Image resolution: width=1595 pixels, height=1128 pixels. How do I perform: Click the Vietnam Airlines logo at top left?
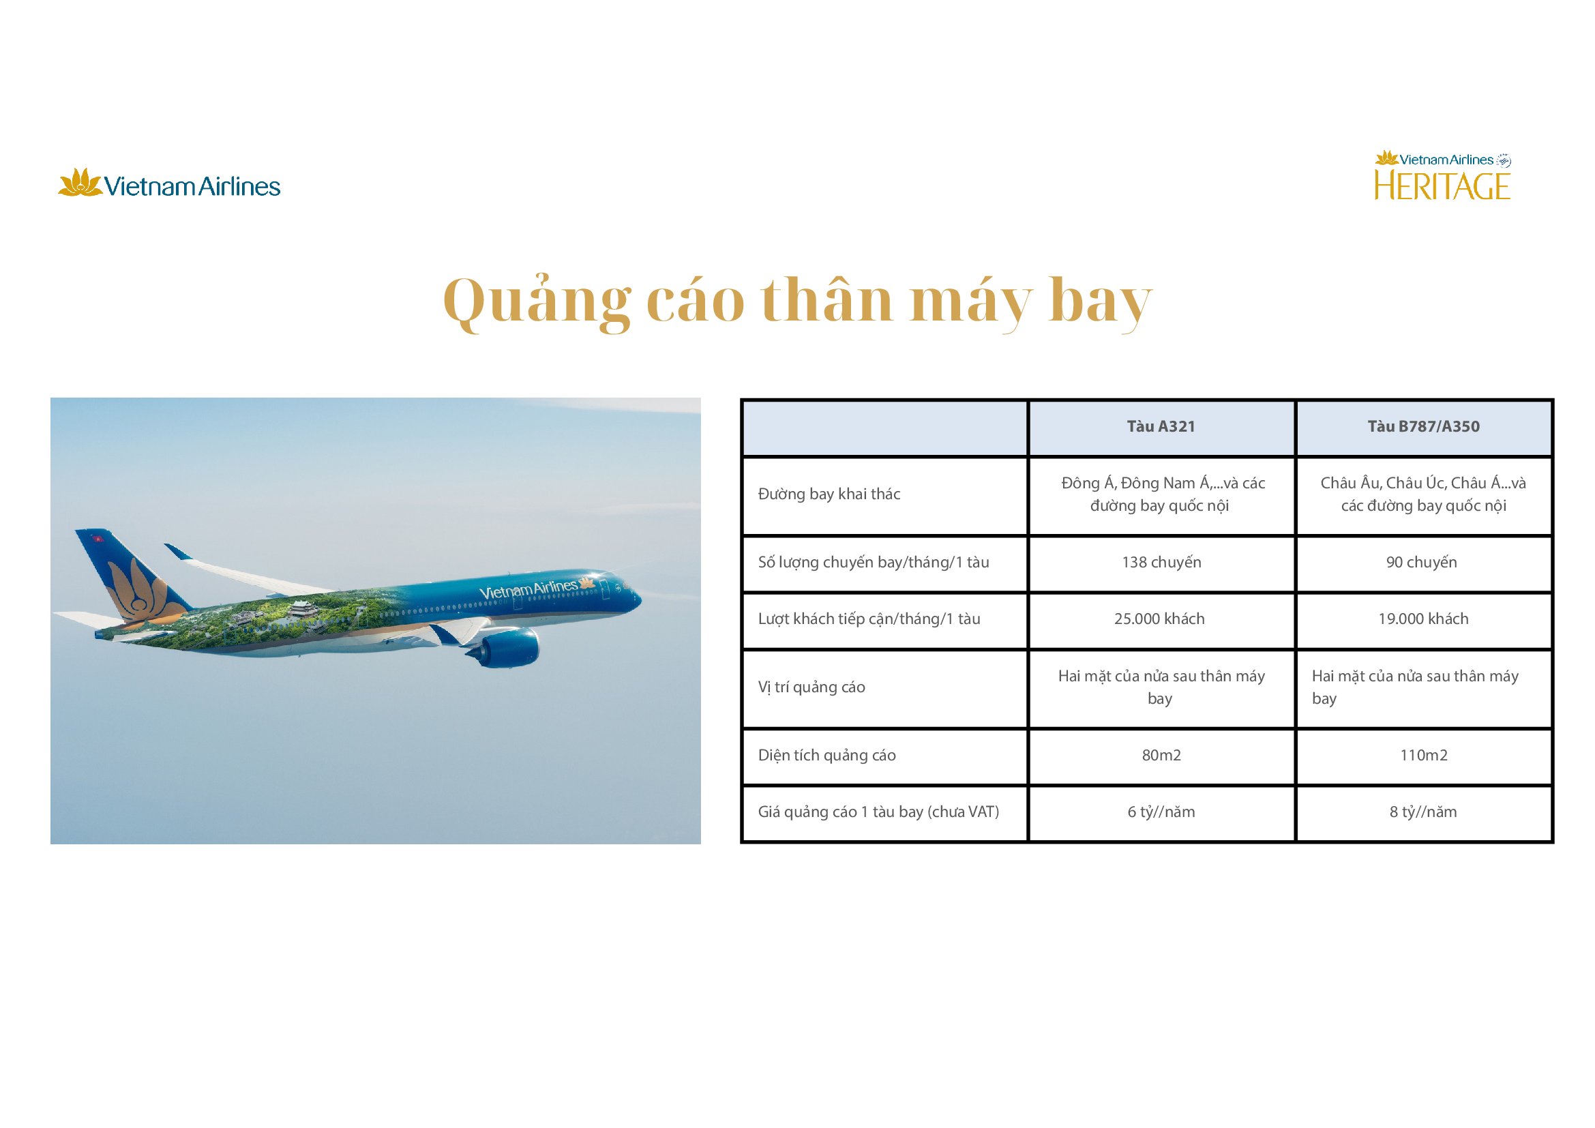click(x=169, y=183)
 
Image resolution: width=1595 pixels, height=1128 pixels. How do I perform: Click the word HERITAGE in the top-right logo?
click(x=1442, y=186)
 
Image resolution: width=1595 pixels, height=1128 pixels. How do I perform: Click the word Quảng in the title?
click(x=537, y=302)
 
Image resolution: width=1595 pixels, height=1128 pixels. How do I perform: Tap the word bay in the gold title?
click(x=1101, y=302)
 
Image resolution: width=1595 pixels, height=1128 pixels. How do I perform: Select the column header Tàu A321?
click(x=1161, y=426)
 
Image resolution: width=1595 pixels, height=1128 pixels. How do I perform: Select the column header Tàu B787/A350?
click(x=1423, y=426)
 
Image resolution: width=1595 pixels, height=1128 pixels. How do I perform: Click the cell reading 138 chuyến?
click(x=1161, y=562)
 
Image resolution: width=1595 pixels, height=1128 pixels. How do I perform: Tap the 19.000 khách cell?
click(x=1423, y=618)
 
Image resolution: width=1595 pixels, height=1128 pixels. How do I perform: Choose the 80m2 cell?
click(x=1161, y=755)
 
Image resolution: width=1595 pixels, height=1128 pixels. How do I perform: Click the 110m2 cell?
click(x=1423, y=755)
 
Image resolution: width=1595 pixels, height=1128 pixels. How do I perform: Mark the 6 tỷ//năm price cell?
click(x=1161, y=812)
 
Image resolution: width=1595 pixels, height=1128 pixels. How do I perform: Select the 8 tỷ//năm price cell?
click(x=1422, y=812)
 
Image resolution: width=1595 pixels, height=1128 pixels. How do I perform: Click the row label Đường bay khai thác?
click(x=829, y=494)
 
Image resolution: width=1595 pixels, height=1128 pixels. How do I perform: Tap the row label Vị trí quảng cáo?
click(x=811, y=687)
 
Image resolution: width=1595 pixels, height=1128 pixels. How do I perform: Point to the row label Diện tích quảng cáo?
click(x=826, y=755)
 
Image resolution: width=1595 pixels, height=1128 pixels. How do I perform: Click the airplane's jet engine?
click(x=507, y=647)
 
